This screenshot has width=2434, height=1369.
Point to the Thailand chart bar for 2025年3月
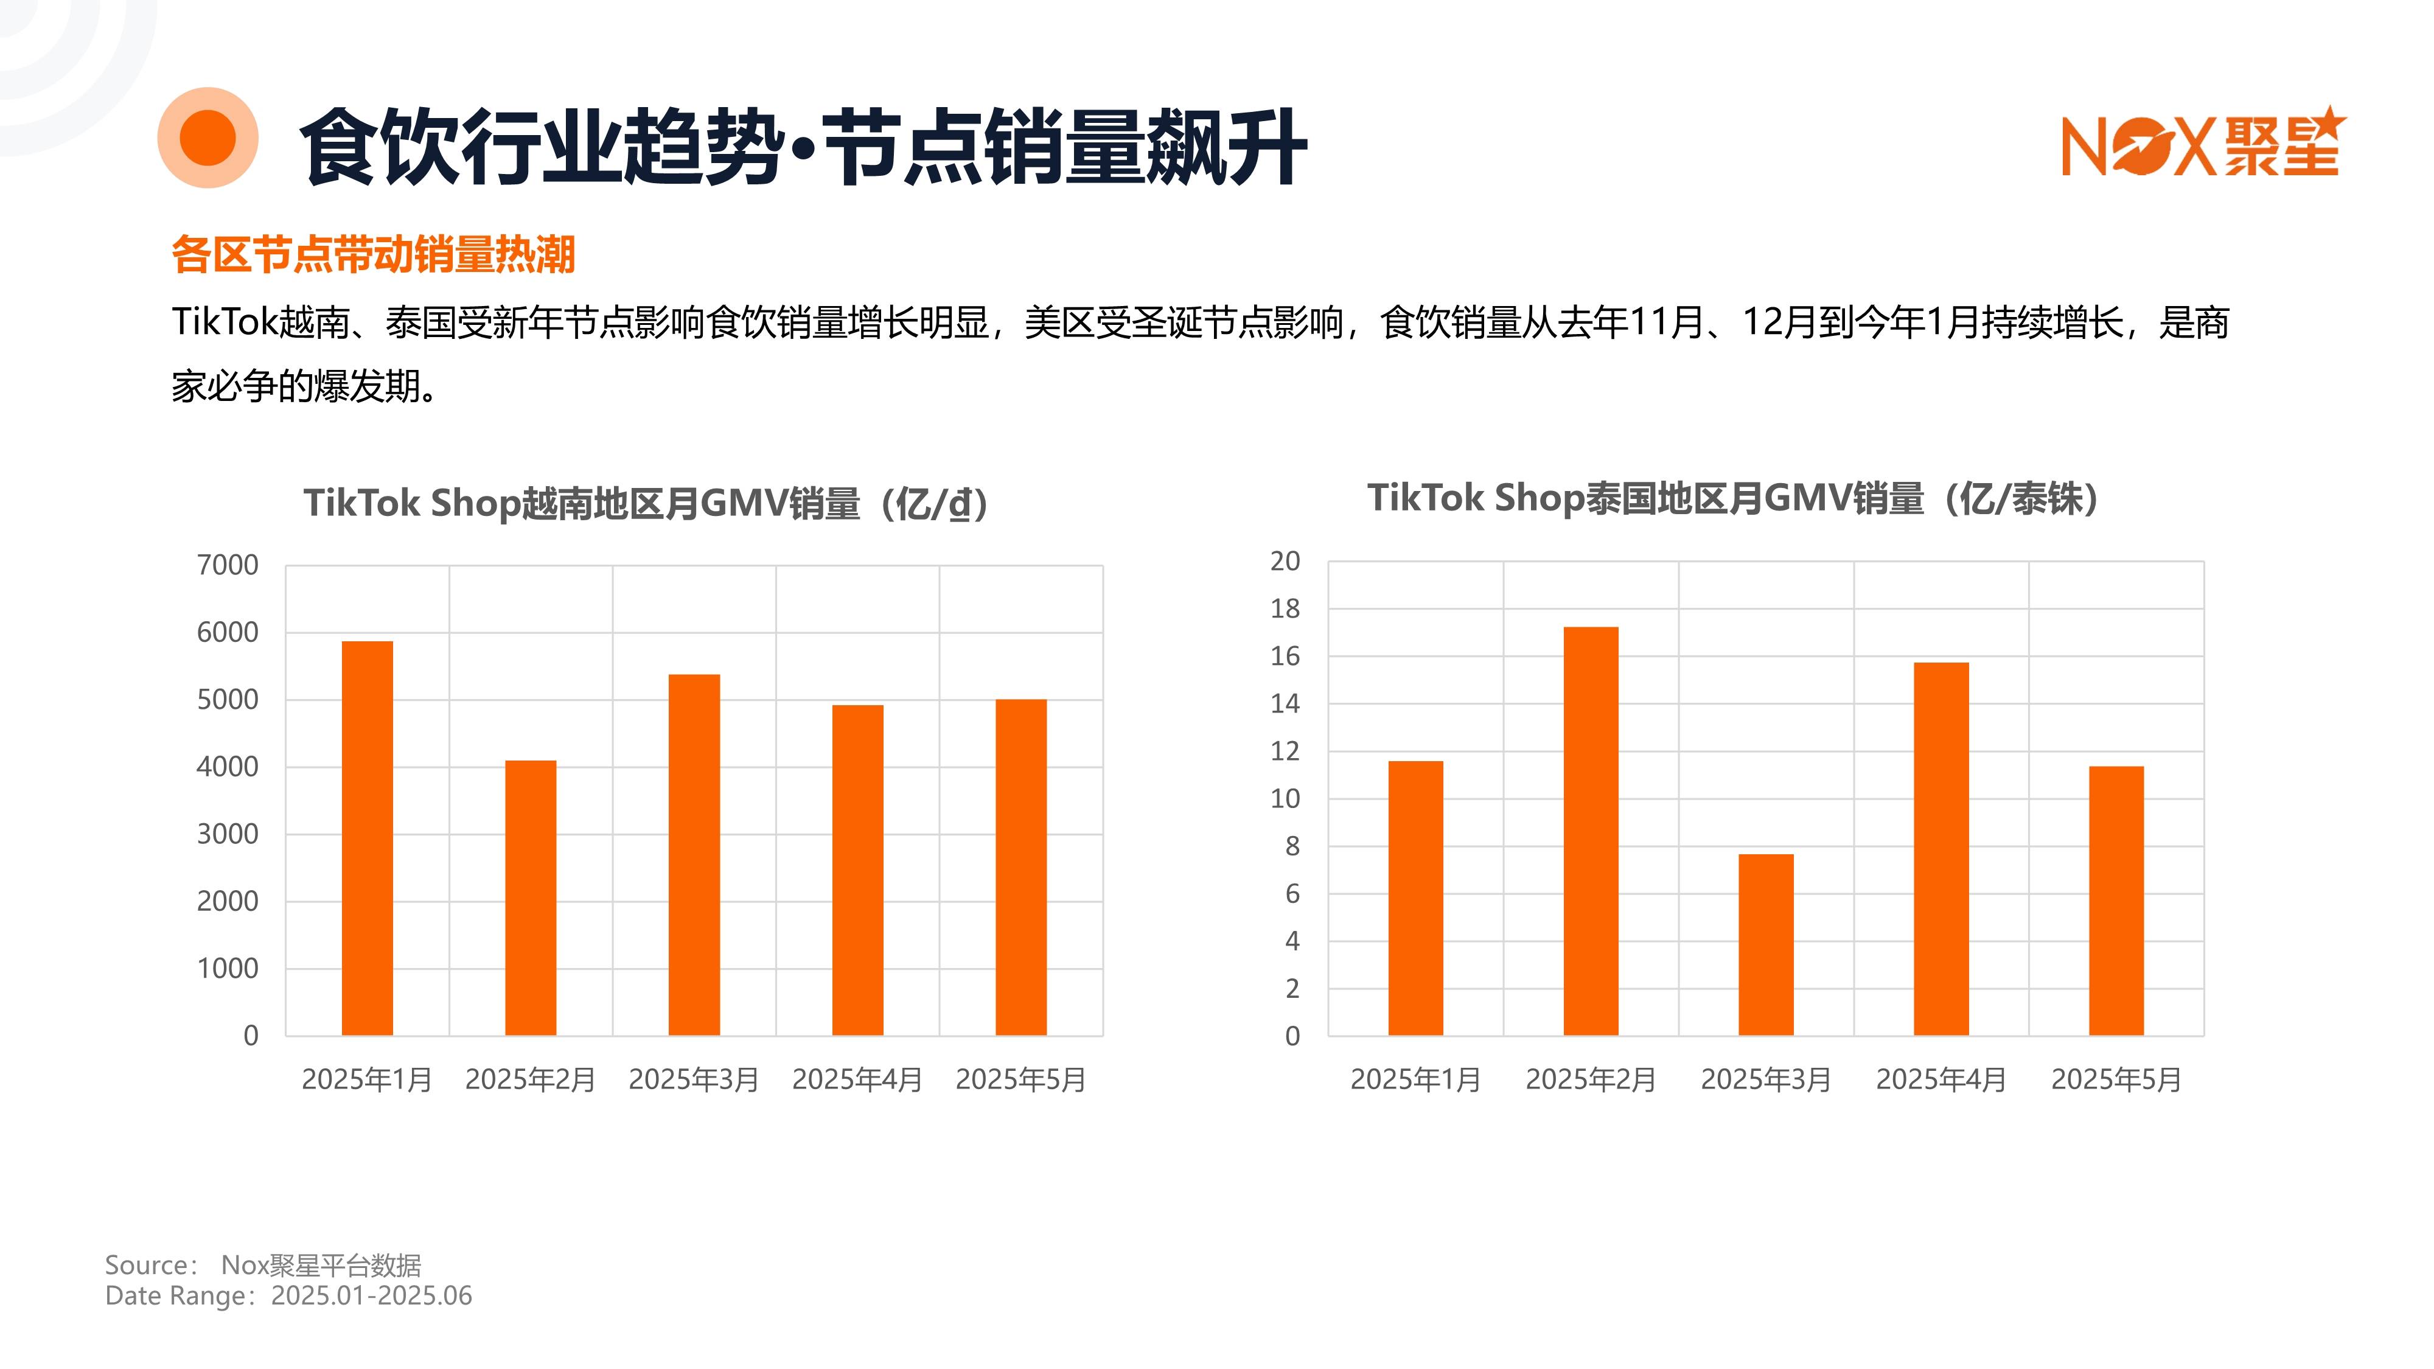[1765, 945]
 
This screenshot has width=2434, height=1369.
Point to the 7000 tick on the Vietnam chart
[227, 565]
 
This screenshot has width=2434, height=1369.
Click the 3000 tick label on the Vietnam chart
[227, 834]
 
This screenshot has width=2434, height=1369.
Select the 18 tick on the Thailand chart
[1285, 608]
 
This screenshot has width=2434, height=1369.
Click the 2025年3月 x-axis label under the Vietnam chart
[694, 1079]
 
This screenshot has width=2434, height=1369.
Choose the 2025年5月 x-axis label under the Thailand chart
[2116, 1079]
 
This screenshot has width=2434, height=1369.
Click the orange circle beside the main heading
[208, 138]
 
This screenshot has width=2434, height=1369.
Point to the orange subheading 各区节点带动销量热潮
[373, 255]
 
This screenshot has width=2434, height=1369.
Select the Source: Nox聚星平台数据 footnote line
[263, 1265]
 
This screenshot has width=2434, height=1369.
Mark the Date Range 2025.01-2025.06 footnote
[288, 1295]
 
